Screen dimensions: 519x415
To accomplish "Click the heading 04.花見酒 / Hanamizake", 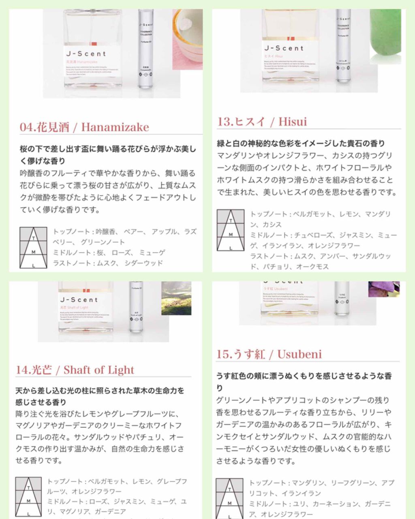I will tap(84, 127).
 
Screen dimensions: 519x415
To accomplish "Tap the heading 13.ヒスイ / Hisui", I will tap(262, 122).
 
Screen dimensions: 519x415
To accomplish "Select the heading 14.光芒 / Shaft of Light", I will tap(75, 370).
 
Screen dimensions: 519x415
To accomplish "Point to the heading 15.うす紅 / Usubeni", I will tap(269, 354).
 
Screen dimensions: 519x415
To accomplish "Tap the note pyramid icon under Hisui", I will tap(231, 230).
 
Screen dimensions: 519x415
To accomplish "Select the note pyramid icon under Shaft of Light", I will tap(28, 497).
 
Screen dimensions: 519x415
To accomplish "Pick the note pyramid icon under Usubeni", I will tap(229, 498).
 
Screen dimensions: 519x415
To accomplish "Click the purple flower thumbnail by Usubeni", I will tap(384, 289).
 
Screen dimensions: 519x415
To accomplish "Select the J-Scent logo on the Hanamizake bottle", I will tap(86, 54).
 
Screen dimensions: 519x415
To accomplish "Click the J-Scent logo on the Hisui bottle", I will tap(284, 48).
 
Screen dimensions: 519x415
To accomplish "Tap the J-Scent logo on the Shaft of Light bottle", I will tap(79, 300).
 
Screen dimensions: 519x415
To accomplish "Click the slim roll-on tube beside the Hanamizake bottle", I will tap(146, 49).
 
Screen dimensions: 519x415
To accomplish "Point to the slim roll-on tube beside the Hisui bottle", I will tap(343, 45).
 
